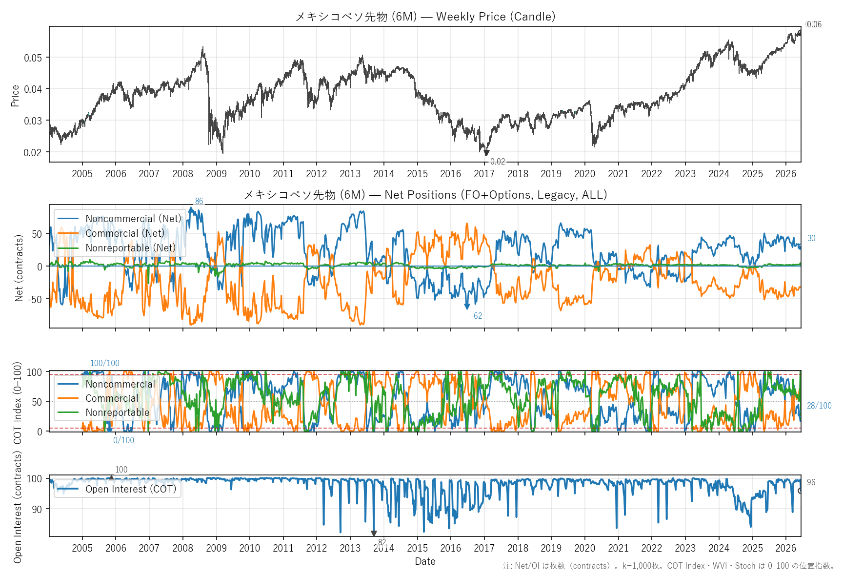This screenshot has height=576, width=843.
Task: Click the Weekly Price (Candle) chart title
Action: [x=425, y=17]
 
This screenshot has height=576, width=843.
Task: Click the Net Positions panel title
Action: [x=425, y=195]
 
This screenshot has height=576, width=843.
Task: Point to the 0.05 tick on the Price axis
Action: [x=33, y=58]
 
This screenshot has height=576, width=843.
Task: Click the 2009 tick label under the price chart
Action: [x=216, y=174]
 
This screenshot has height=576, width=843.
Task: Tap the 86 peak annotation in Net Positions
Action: [x=199, y=201]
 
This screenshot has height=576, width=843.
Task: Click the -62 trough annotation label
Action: [x=477, y=316]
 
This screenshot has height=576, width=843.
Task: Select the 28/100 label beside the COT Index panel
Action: [x=819, y=406]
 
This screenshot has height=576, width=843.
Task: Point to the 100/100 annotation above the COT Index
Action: [x=105, y=363]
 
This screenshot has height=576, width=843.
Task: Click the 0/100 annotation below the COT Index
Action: [x=124, y=440]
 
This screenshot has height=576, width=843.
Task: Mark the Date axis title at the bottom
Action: [x=425, y=561]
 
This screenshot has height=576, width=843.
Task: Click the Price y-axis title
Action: [x=15, y=96]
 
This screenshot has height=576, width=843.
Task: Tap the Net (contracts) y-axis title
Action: [x=19, y=268]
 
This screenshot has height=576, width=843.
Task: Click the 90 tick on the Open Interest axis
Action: [x=37, y=510]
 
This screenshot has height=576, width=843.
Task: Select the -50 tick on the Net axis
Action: [x=36, y=299]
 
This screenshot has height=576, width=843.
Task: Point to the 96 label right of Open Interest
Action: [x=811, y=482]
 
